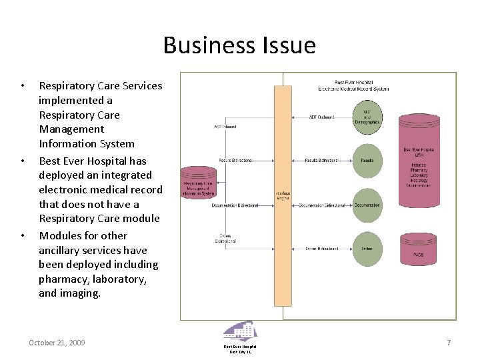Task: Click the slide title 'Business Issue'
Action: tap(239, 45)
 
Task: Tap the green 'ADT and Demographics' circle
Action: tap(367, 117)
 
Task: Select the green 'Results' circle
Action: tap(367, 161)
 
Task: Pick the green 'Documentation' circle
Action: tap(367, 205)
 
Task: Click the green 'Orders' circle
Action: tap(367, 249)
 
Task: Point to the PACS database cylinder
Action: tap(419, 249)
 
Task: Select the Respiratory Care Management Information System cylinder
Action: tap(199, 183)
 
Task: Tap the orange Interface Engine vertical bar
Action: tap(283, 195)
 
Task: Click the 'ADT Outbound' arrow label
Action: tap(321, 117)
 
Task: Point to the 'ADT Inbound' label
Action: tap(225, 127)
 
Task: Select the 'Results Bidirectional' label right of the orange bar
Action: tap(321, 161)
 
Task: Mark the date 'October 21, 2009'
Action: tap(57, 343)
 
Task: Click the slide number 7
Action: tap(449, 343)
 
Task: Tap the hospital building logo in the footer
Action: tap(239, 331)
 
